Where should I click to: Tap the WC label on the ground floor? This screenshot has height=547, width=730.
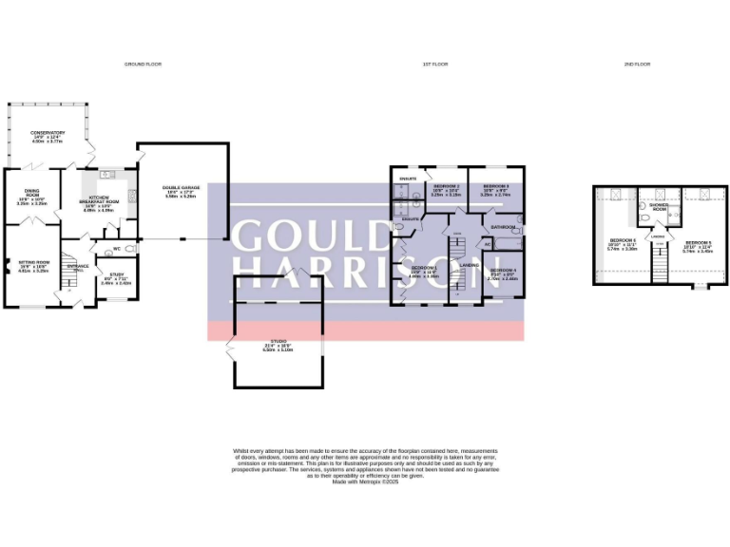click(x=115, y=250)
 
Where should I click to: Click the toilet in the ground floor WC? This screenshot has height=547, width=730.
click(x=130, y=250)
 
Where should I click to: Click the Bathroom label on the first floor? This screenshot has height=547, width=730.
click(x=503, y=228)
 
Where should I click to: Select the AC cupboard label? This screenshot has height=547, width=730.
click(x=488, y=244)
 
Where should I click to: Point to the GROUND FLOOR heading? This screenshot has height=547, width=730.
click(x=144, y=64)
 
